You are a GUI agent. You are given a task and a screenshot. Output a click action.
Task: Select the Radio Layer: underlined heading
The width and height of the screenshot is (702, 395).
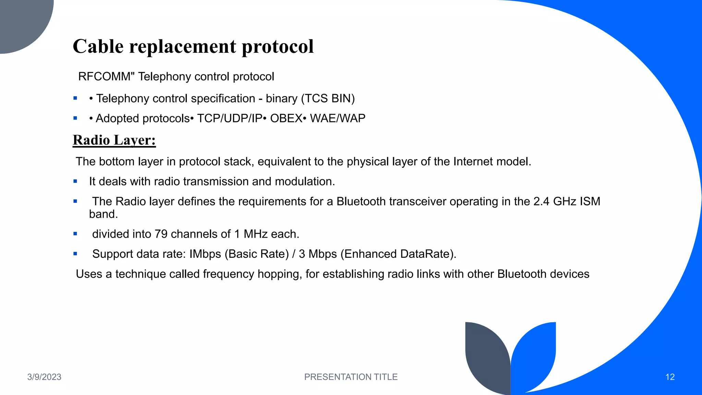tap(114, 140)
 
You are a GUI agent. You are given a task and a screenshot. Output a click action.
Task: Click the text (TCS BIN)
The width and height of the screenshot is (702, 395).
tap(328, 98)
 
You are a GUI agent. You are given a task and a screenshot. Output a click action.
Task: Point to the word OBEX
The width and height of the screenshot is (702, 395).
tap(286, 118)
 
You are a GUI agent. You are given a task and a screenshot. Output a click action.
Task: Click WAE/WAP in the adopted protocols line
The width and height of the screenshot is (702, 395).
tap(338, 118)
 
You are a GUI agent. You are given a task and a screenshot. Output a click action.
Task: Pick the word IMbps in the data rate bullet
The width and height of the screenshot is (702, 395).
tap(205, 254)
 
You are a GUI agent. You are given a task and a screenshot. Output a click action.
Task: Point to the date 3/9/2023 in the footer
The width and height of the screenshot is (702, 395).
tap(44, 377)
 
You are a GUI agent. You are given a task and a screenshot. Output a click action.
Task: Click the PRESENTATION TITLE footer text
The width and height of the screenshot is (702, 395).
tap(351, 377)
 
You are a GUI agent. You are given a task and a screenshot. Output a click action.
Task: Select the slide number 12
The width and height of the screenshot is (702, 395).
tap(670, 377)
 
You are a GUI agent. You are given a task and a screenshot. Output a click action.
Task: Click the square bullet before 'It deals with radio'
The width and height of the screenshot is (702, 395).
tap(75, 181)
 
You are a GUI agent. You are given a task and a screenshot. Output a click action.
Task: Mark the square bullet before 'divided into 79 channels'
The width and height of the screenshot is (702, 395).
tap(75, 234)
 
